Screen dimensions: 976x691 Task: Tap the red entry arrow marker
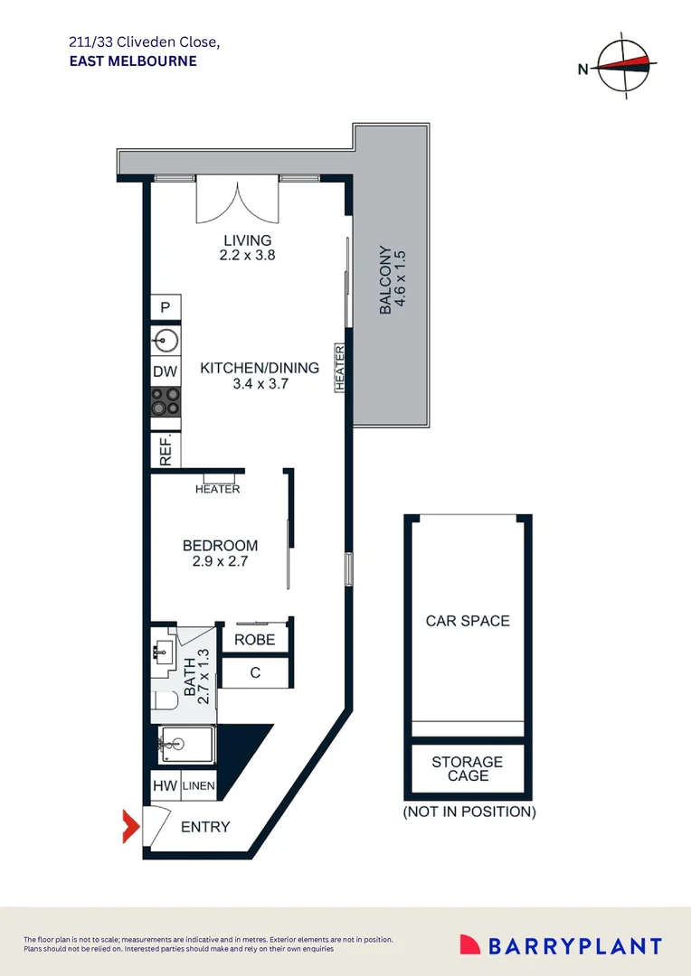click(130, 826)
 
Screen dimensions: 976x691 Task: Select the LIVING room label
click(247, 240)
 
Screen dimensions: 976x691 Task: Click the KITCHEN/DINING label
click(260, 368)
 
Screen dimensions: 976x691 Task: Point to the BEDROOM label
click(220, 546)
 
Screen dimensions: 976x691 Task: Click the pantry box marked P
click(166, 307)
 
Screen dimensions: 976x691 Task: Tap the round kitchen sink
click(166, 340)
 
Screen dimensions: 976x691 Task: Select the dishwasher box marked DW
click(166, 371)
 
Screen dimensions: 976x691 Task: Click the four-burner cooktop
click(166, 400)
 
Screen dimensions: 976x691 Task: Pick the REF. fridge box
click(166, 450)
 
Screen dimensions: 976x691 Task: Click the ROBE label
click(254, 640)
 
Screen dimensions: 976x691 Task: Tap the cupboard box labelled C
click(255, 672)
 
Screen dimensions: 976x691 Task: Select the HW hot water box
click(165, 786)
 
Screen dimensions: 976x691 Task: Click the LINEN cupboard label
click(199, 786)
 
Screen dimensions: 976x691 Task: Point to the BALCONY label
click(385, 280)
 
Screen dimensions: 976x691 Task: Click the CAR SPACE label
click(468, 621)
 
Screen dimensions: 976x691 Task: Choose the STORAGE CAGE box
click(468, 768)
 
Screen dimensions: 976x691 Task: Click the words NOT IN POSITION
click(469, 812)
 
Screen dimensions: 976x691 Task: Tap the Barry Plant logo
click(561, 946)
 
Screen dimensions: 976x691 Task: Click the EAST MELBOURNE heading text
click(132, 61)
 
